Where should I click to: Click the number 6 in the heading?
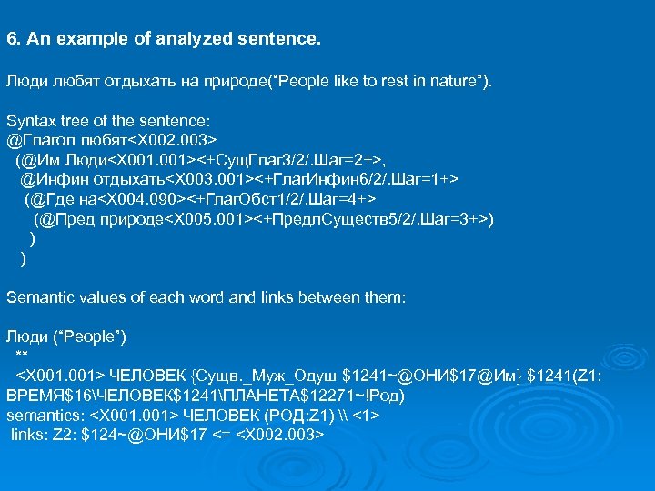tap(11, 40)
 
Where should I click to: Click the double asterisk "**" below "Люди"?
tap(22, 355)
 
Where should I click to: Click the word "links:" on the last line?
tap(28, 434)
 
